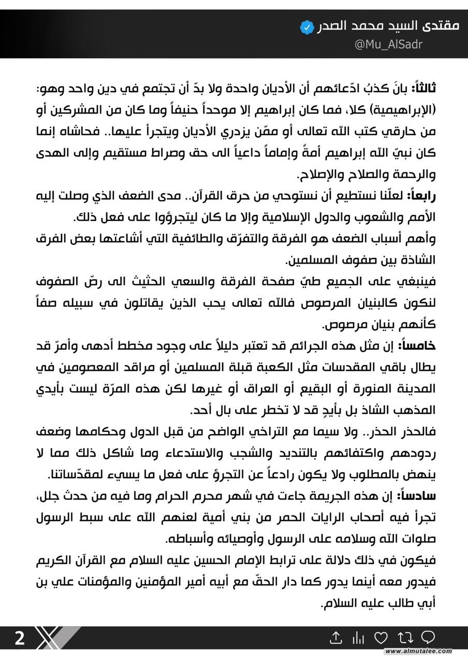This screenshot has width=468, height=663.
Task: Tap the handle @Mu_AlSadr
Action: click(389, 45)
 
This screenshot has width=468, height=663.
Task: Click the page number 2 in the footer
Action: click(19, 638)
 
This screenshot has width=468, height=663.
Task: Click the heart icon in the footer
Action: click(381, 638)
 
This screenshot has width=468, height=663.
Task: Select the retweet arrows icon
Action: click(404, 638)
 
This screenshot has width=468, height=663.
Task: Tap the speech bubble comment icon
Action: click(428, 637)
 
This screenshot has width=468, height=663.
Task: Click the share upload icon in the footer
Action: click(336, 638)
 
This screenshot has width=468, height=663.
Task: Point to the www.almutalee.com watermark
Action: click(418, 651)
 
